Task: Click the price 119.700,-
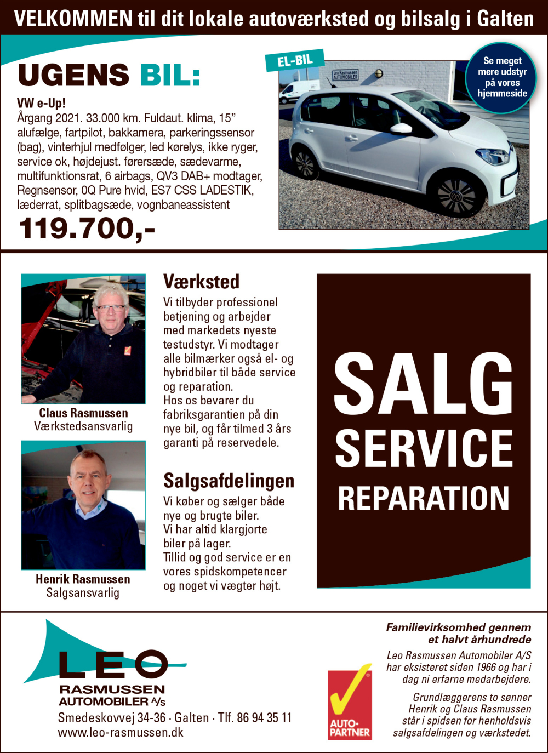[x=87, y=229]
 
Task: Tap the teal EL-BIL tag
[x=295, y=60]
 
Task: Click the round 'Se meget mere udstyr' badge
[x=501, y=77]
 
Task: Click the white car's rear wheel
[x=305, y=164]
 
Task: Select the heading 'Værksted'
[x=201, y=282]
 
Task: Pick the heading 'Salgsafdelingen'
[x=229, y=481]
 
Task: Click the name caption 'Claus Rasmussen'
[x=83, y=413]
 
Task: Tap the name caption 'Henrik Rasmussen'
[x=83, y=579]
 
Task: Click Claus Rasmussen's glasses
[x=110, y=308]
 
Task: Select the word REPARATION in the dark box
[x=423, y=498]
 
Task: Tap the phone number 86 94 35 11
[x=264, y=718]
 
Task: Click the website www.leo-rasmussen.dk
[x=121, y=733]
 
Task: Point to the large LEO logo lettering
[x=112, y=664]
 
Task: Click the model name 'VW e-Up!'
[x=41, y=103]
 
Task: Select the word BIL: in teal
[x=170, y=75]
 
